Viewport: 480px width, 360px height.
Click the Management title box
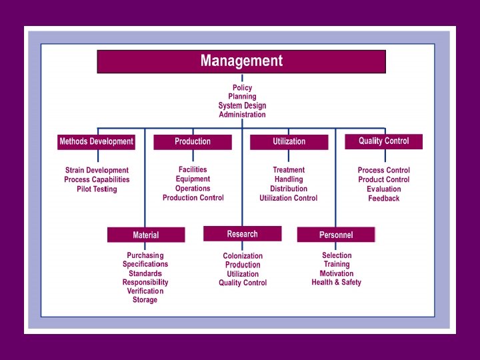[x=241, y=61]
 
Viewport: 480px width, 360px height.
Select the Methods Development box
[x=97, y=142]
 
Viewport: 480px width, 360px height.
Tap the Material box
[x=146, y=235]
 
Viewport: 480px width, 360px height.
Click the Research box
[x=242, y=234]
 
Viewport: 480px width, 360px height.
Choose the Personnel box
[x=336, y=235]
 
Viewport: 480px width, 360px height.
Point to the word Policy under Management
[x=242, y=88]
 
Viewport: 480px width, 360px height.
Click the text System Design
[x=242, y=105]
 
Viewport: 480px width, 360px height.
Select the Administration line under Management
[x=242, y=115]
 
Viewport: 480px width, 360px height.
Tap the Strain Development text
[x=97, y=171]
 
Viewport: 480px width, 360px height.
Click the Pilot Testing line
[x=97, y=189]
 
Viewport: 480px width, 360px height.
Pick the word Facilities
[x=193, y=170]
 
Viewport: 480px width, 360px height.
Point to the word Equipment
[x=193, y=179]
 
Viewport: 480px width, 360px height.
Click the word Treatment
[x=289, y=170]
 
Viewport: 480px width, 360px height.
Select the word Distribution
[x=289, y=189]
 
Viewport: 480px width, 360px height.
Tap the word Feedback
[x=384, y=199]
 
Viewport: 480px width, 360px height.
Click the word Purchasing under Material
[x=145, y=255]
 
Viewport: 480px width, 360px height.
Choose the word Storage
[x=145, y=300]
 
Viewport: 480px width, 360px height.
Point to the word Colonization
[x=243, y=256]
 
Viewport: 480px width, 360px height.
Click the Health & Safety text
[x=337, y=283]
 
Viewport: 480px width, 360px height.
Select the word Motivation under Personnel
[x=337, y=273]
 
